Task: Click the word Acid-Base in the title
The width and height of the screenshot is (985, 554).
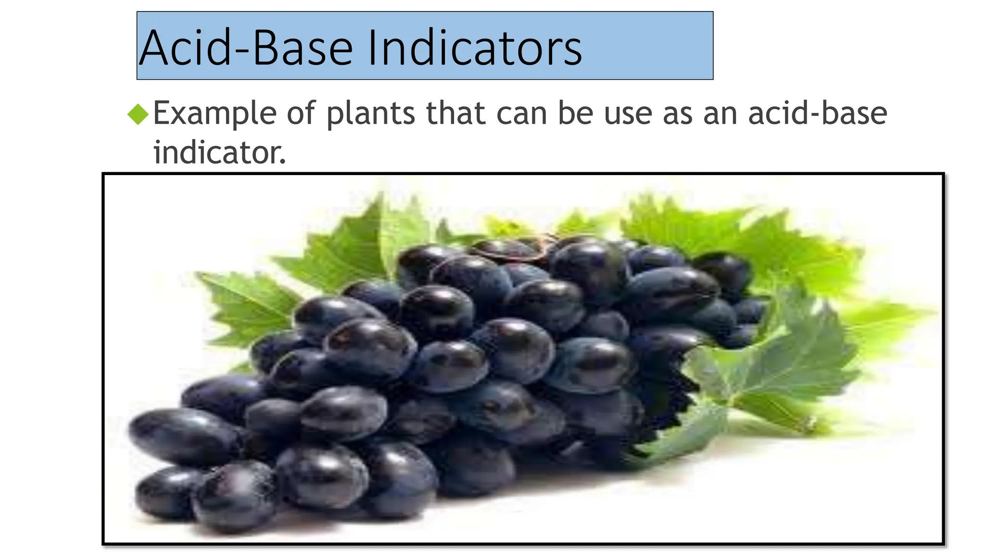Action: tap(245, 48)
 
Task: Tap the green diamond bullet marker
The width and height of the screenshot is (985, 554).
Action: tap(139, 114)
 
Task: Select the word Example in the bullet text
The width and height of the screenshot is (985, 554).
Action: tap(215, 114)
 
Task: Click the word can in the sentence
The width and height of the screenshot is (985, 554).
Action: tap(521, 114)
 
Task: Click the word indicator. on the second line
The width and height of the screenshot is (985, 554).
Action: tap(219, 152)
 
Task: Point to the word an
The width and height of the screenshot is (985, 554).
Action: tap(720, 114)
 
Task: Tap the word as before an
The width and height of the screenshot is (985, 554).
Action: tap(677, 114)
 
